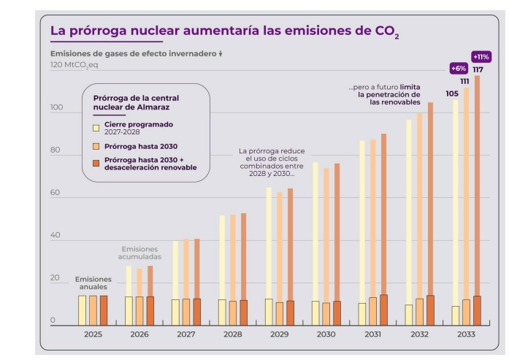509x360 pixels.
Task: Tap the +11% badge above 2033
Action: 481,56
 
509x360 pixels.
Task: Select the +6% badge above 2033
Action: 459,68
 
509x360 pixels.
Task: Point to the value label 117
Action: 478,70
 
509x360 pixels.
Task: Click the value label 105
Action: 452,93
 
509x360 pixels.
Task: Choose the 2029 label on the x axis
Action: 280,334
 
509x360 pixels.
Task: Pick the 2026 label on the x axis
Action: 139,334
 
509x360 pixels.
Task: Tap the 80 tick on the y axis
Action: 54,151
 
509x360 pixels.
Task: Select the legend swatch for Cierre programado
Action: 96,128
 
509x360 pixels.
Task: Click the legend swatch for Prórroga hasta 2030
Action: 96,147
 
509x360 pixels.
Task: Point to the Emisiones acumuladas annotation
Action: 139,253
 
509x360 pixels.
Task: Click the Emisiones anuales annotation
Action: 93,283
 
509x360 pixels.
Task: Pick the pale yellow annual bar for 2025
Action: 83,310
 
